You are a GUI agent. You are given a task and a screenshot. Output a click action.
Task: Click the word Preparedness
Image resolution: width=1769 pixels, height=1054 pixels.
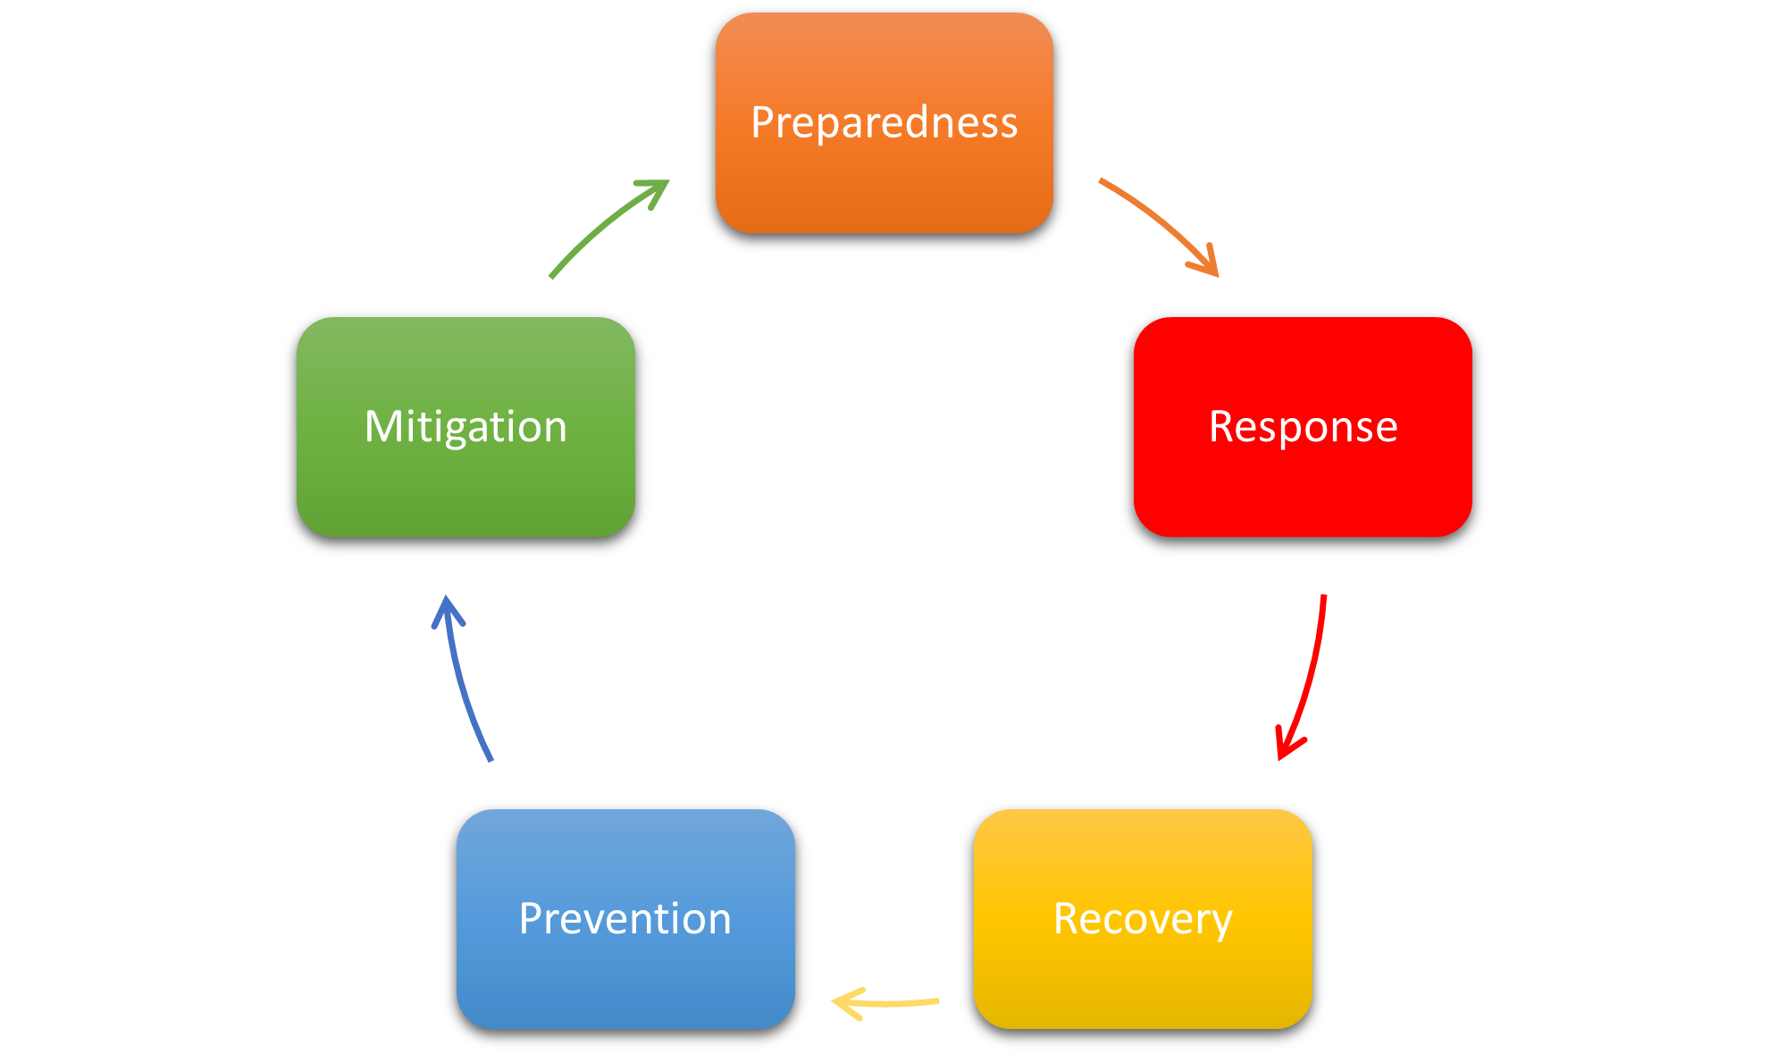(x=884, y=122)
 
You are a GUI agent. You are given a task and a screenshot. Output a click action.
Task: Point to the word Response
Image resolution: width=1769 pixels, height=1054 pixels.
(x=1303, y=427)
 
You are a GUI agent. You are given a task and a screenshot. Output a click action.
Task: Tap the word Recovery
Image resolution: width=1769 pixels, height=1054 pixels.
(x=1143, y=919)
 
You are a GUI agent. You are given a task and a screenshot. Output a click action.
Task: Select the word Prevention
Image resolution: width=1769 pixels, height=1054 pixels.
(x=625, y=919)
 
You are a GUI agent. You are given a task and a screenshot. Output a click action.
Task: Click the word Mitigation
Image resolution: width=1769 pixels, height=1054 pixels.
(x=465, y=427)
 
